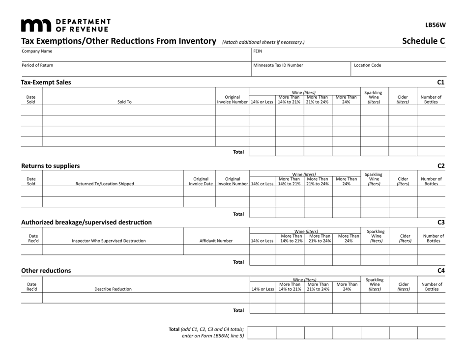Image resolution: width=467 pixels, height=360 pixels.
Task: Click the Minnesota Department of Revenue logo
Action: tap(66, 24)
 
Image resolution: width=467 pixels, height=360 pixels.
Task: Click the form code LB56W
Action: tap(435, 25)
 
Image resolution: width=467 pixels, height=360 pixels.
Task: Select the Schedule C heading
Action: tap(423, 41)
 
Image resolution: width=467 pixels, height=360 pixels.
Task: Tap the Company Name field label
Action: tap(37, 51)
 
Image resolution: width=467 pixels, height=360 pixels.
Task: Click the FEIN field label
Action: tap(258, 51)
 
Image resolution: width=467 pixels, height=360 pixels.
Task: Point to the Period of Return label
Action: tap(37, 65)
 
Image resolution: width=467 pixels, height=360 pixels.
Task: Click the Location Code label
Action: tap(367, 65)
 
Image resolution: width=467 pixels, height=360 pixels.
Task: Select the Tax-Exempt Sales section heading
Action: tap(46, 83)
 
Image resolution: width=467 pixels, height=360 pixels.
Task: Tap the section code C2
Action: tap(440, 166)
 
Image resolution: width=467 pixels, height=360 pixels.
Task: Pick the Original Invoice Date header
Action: tap(199, 182)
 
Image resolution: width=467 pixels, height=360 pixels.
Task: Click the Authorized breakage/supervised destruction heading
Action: tap(87, 222)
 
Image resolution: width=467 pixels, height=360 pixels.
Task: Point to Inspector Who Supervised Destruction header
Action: tap(109, 241)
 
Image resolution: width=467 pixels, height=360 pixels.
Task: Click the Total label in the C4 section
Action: tap(238, 310)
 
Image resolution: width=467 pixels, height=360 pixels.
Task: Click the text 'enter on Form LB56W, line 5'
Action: tap(213, 336)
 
